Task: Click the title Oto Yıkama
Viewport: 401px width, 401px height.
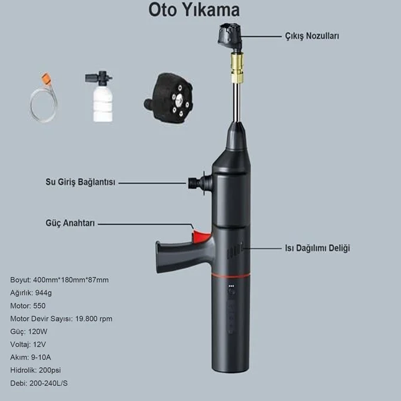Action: tap(194, 10)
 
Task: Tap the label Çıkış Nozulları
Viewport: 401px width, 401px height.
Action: tap(312, 36)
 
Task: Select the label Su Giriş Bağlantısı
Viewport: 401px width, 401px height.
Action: tap(80, 182)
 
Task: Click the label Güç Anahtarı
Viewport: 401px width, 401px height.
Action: tap(70, 223)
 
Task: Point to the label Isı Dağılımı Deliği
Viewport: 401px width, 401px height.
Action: tap(317, 248)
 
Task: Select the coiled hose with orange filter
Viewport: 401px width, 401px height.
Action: tap(44, 98)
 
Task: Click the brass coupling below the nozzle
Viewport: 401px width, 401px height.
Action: tap(237, 67)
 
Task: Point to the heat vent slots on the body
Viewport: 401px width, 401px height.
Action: tap(235, 251)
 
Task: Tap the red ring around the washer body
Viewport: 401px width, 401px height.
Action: tap(231, 276)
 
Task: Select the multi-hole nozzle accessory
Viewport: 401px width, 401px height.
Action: tap(168, 99)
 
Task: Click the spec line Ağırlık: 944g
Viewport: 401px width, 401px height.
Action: tap(31, 293)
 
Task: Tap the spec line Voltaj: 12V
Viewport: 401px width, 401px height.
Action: tap(28, 344)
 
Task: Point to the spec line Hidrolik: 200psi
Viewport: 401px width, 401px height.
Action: tap(36, 370)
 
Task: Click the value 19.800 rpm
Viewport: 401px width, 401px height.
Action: tap(94, 319)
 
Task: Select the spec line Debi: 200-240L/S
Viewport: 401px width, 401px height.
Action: tap(39, 383)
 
